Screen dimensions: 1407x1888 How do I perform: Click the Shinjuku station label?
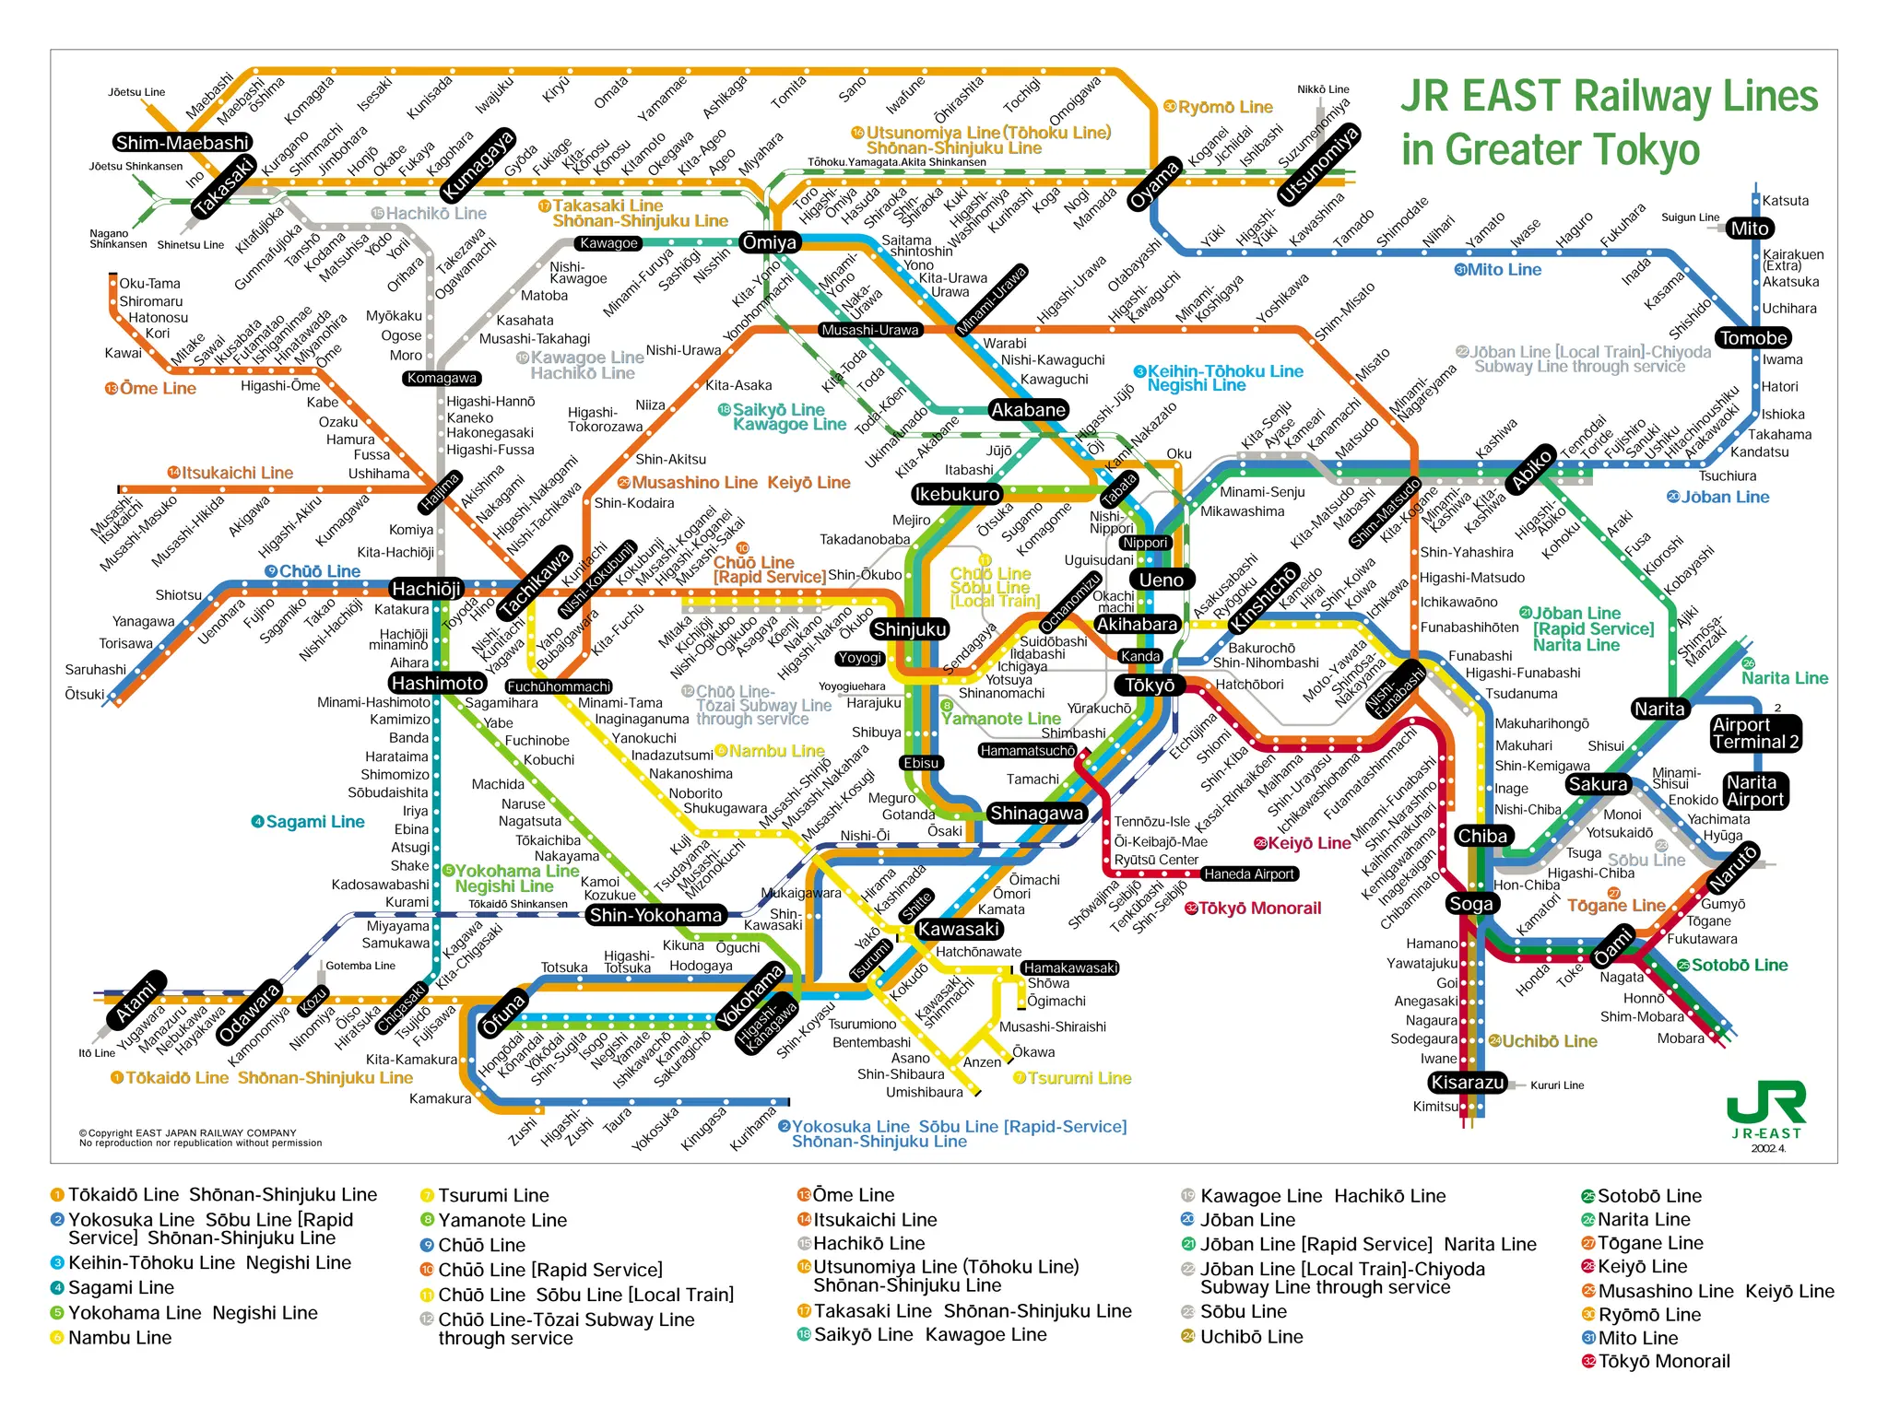(910, 629)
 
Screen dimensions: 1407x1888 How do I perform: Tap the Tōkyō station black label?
(1150, 685)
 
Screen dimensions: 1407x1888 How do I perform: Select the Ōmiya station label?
(769, 242)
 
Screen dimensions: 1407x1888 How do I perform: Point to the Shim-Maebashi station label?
(183, 143)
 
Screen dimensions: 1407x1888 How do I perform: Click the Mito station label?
(1749, 229)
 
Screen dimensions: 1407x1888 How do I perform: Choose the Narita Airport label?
(1755, 791)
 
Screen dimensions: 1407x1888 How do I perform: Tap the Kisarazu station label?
(1467, 1083)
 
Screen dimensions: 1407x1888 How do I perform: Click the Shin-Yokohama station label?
(655, 915)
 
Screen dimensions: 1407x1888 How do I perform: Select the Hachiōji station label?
(426, 589)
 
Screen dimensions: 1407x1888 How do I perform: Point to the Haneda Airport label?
(1249, 874)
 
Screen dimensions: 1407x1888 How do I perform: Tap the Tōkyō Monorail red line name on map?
(1259, 909)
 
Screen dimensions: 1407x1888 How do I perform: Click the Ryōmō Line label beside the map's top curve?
(1224, 107)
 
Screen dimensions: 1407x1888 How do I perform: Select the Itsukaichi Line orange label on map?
(237, 473)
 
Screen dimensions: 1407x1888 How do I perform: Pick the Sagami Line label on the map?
(314, 821)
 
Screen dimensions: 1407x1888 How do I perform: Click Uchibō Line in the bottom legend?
(1251, 1337)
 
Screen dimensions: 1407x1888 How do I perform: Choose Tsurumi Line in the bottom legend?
(493, 1195)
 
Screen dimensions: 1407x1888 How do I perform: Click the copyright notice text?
(200, 1138)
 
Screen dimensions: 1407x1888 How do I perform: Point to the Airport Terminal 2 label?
(1754, 733)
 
